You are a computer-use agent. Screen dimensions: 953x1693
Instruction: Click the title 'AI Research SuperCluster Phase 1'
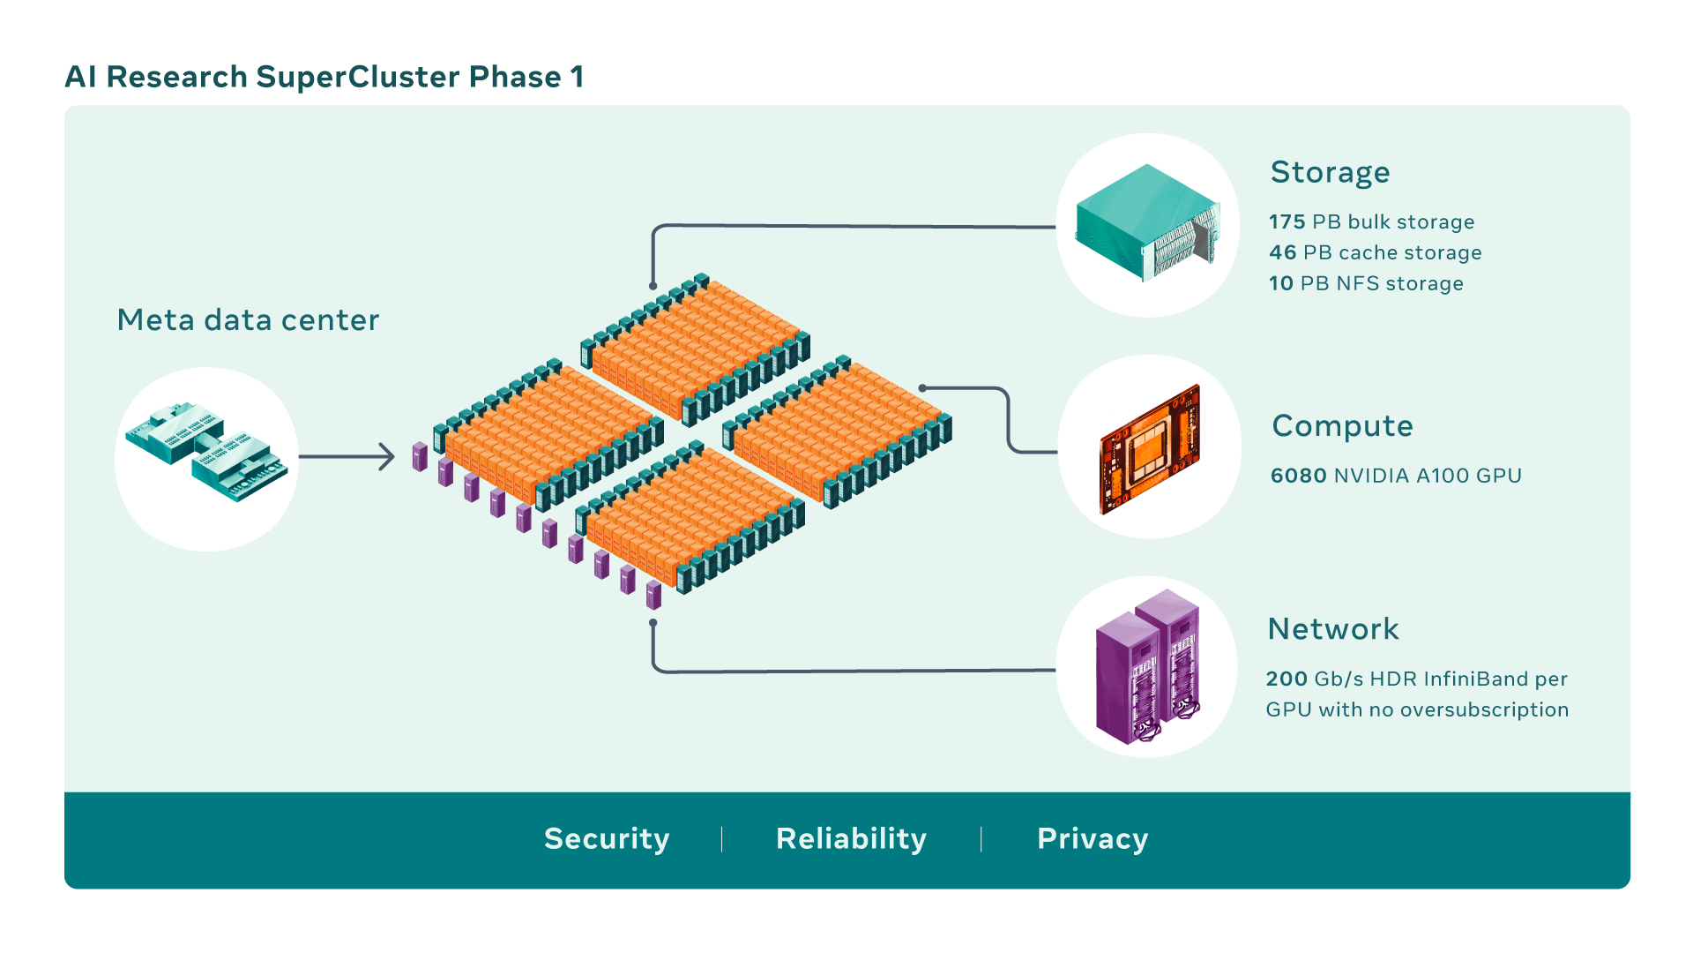point(324,78)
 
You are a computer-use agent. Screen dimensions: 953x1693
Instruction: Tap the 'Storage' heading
point(1330,172)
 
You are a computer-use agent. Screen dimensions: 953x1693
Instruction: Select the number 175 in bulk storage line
point(1287,222)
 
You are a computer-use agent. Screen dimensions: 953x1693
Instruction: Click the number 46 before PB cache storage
point(1282,253)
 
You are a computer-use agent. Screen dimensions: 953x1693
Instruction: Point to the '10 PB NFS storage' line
point(1366,284)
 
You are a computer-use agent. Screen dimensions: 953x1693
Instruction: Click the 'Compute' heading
point(1342,426)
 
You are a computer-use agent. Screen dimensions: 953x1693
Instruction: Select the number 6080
point(1298,476)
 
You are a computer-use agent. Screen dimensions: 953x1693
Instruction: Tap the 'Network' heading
point(1332,629)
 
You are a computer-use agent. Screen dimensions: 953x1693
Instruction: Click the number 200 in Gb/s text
point(1287,679)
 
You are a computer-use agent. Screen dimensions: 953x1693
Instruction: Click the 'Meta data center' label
point(248,320)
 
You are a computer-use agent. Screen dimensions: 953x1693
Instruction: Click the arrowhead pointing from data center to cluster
point(388,457)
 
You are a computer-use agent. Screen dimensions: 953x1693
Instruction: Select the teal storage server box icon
point(1147,222)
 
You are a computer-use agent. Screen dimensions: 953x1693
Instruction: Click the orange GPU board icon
point(1150,448)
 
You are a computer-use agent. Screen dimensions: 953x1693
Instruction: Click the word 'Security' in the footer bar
point(607,839)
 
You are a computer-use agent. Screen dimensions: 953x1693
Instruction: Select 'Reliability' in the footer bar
point(851,839)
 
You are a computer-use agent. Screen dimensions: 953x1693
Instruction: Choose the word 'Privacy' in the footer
point(1093,839)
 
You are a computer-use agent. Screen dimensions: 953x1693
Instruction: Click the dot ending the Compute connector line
point(922,388)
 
